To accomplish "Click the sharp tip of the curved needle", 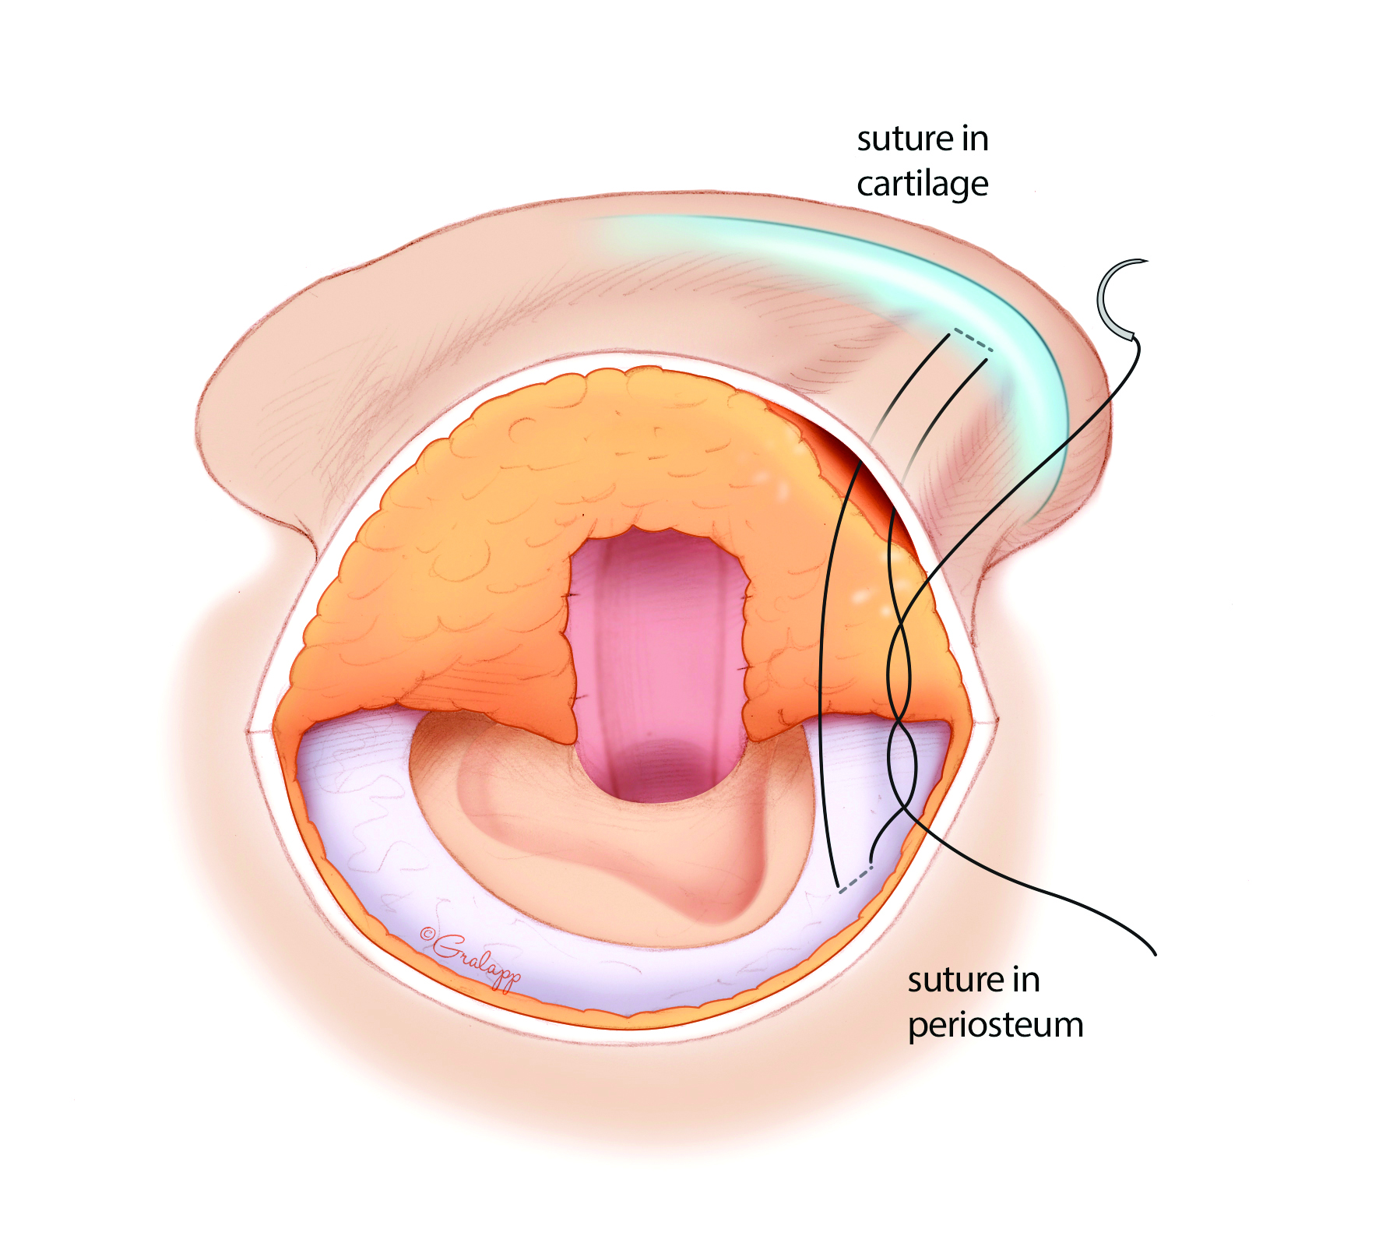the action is [x=1148, y=261].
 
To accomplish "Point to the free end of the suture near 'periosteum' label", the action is [x=1156, y=953].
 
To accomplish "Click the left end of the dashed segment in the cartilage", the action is [x=953, y=331].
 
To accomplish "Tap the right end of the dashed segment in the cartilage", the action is [x=991, y=350].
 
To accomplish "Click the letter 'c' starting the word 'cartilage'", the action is [x=867, y=185].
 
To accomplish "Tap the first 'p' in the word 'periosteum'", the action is [x=919, y=1026].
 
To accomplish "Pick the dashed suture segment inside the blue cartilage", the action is [x=972, y=340].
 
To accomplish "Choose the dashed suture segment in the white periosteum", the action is [x=855, y=879].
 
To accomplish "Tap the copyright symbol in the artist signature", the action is [x=427, y=935].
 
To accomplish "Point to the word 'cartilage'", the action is [x=923, y=185].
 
